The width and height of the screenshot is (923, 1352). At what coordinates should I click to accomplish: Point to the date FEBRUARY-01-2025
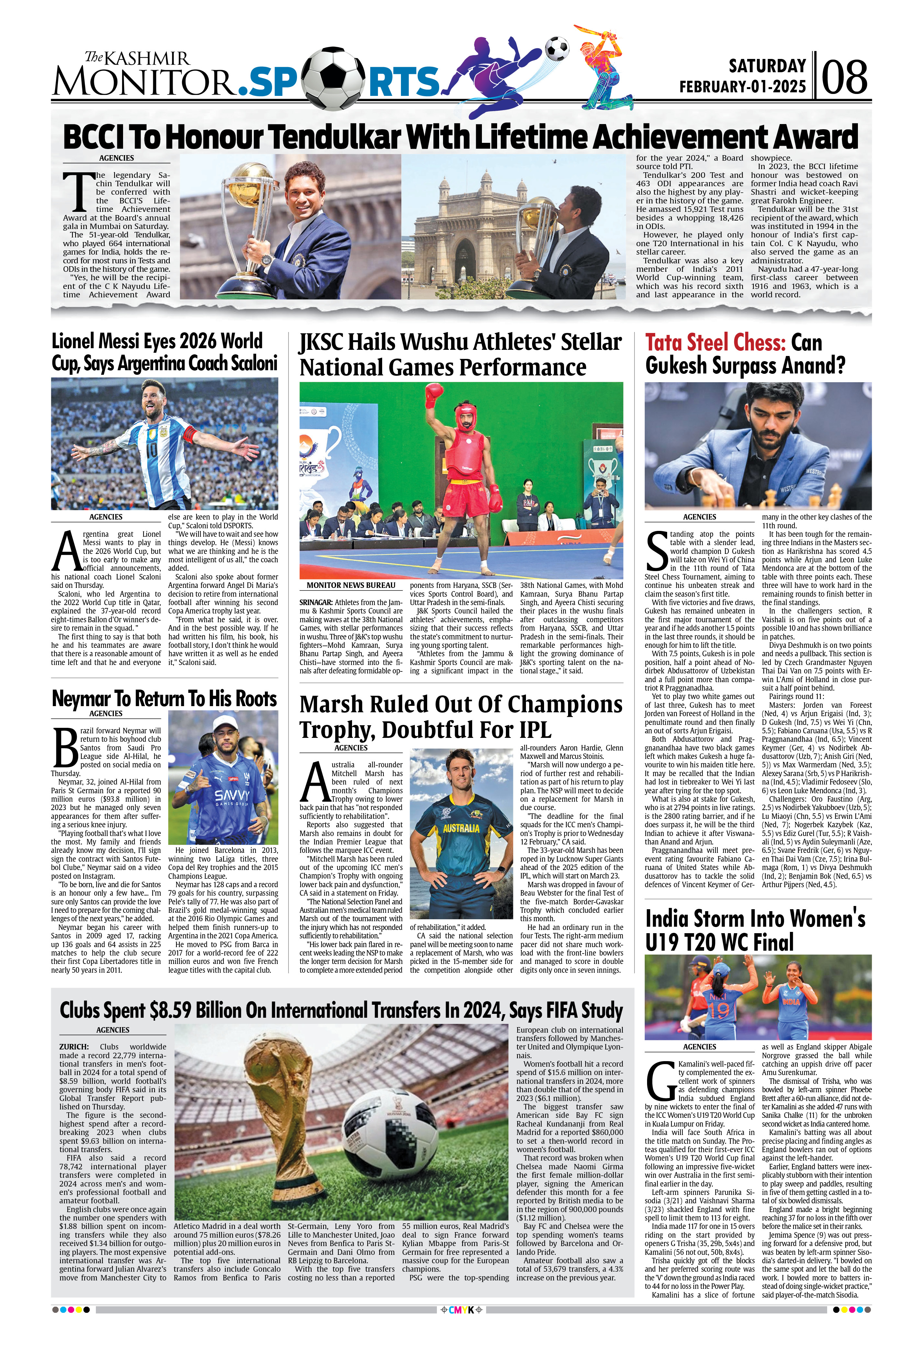tap(743, 87)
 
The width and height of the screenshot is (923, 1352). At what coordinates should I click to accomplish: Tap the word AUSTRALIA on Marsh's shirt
tap(461, 828)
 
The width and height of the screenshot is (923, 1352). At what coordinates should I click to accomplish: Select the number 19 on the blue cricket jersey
tap(719, 1009)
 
